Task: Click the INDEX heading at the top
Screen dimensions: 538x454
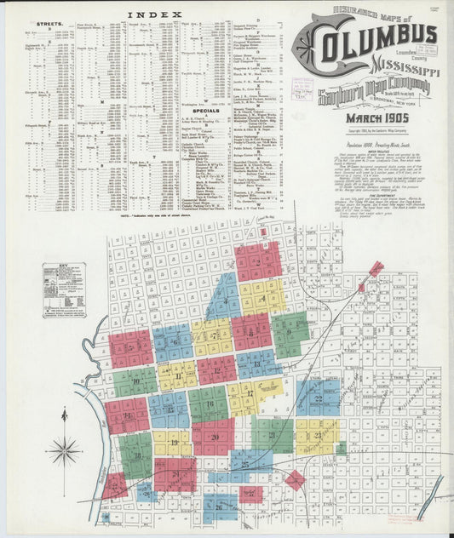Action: (154, 14)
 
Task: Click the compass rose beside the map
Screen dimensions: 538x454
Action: (65, 450)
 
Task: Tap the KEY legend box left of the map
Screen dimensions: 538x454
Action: (64, 289)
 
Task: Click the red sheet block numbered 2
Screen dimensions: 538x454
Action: (257, 261)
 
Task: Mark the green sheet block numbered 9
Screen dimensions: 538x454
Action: (290, 333)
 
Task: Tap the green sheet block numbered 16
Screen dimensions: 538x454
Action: (208, 403)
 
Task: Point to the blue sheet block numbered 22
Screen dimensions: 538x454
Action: (318, 398)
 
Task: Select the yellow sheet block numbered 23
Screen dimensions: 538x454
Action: (316, 437)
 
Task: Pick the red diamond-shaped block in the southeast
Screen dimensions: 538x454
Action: (295, 480)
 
